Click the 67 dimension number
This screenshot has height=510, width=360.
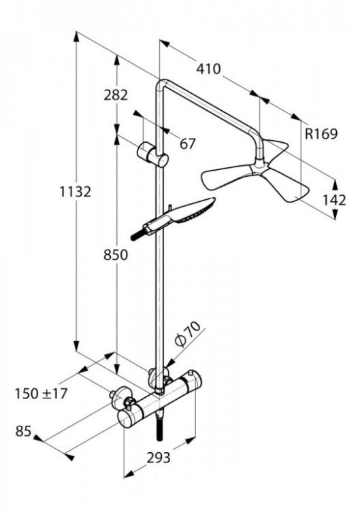coord(189,143)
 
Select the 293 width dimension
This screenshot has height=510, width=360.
coord(159,459)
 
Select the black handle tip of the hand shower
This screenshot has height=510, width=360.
coord(141,234)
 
